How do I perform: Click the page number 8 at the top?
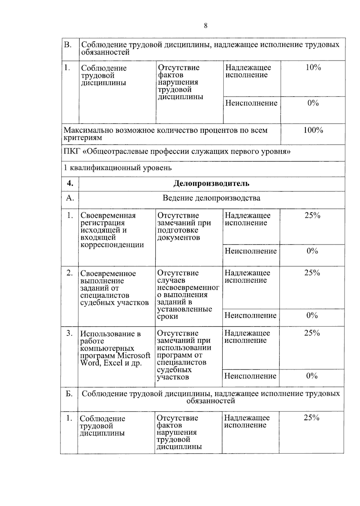(x=205, y=26)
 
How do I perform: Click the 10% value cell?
(x=313, y=68)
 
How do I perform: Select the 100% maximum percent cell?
(x=313, y=130)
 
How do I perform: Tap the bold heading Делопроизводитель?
(x=211, y=183)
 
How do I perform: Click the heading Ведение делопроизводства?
(x=211, y=198)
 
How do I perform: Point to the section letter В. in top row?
(x=68, y=45)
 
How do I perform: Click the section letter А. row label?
(x=70, y=198)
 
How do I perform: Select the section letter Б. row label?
(x=69, y=394)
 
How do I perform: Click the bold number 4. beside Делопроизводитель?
(x=70, y=183)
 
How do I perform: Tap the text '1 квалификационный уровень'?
(x=118, y=168)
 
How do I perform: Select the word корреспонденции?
(x=112, y=245)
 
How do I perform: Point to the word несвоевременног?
(x=188, y=288)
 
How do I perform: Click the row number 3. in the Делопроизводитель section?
(x=69, y=333)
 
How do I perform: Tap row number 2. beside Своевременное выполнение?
(x=70, y=273)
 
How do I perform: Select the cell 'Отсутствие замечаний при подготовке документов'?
(x=184, y=227)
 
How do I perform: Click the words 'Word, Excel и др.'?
(x=111, y=363)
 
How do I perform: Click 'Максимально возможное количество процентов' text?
(x=165, y=131)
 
